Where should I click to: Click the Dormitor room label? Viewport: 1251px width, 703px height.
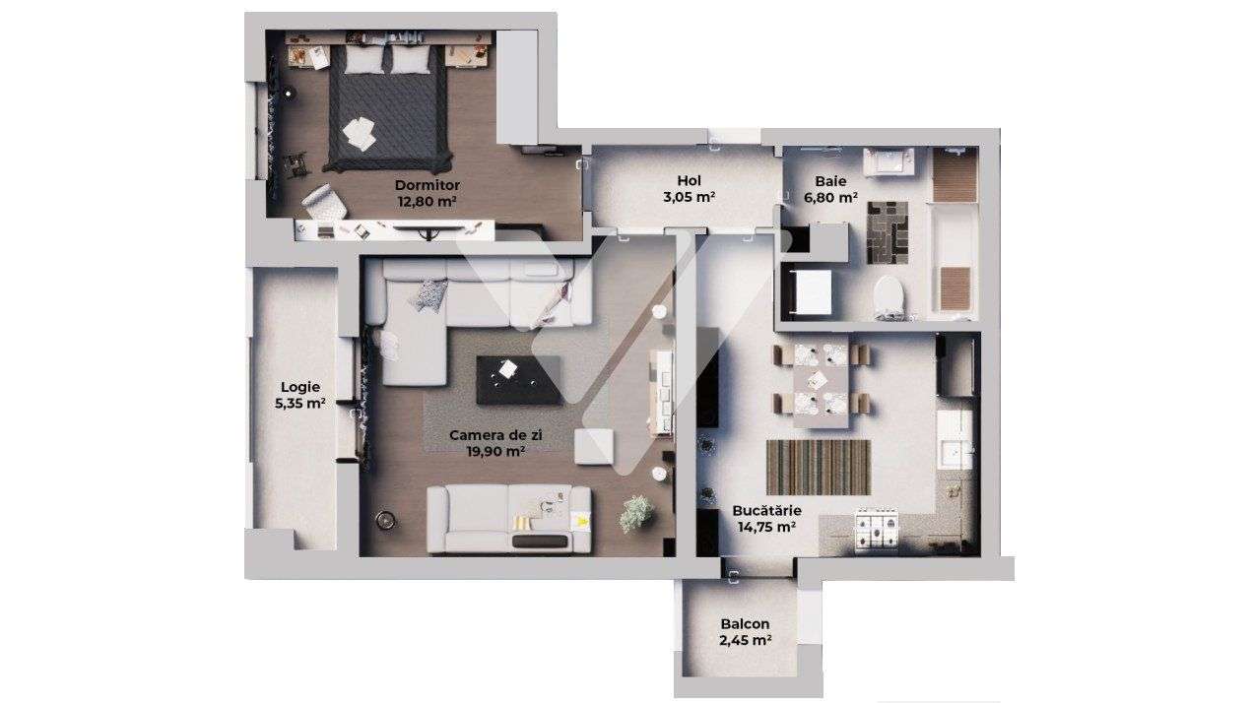pos(427,192)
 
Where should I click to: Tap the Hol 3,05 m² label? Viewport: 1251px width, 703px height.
pos(689,188)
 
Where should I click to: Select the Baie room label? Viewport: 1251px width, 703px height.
pos(830,188)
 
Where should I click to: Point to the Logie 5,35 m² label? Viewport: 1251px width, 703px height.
pos(300,394)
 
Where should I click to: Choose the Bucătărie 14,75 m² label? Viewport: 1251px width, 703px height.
pos(766,518)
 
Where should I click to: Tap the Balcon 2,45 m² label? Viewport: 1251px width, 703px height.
pos(745,631)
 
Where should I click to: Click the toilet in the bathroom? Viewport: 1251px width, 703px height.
pos(889,296)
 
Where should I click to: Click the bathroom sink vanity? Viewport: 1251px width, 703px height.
pos(889,162)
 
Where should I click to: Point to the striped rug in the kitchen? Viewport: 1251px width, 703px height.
pos(818,467)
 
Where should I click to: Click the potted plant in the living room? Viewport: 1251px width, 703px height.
pos(636,513)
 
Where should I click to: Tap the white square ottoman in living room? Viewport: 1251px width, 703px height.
pos(594,447)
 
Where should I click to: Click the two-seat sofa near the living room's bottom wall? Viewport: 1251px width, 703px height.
pos(508,519)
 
